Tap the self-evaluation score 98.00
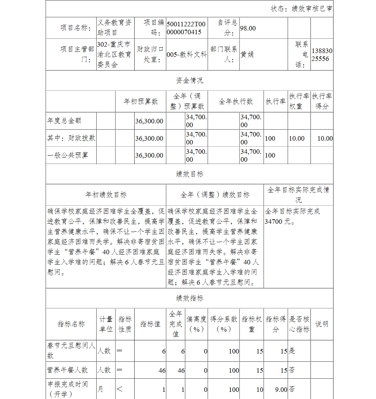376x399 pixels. pos(248,28)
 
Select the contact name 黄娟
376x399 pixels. pos(247,54)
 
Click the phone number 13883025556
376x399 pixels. pos(322,55)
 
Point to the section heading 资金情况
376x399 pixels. pos(190,80)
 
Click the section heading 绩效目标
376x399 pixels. pos(190,174)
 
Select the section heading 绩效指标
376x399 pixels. pos(190,298)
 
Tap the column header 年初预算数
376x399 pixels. pos(141,102)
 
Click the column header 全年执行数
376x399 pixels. pos(236,102)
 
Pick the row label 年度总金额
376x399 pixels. pos(64,121)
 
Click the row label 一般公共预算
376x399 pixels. pos(68,155)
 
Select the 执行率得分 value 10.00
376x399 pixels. pos(325,138)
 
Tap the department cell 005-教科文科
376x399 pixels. pos(186,55)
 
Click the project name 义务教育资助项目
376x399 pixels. pos(114,28)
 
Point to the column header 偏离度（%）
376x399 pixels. pos(197,324)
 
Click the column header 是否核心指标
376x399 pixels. pos(299,324)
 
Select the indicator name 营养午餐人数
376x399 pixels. pos(67,370)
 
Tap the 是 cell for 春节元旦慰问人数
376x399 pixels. pos(292,351)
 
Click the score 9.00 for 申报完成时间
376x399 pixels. pos(280,390)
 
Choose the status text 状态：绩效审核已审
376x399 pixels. pos(302,9)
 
